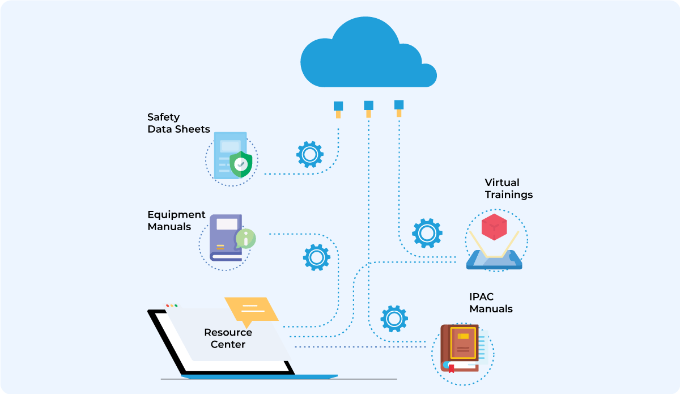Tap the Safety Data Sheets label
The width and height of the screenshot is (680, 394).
[x=178, y=123]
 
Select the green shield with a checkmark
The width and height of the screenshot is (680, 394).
[x=241, y=164]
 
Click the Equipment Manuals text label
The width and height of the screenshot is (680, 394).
[x=176, y=221]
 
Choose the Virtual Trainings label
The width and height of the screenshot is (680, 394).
[x=508, y=188]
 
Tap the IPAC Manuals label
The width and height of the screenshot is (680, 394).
[x=491, y=303]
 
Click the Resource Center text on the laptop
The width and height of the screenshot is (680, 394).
[x=228, y=338]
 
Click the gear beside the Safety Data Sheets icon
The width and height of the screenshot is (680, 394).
[x=310, y=154]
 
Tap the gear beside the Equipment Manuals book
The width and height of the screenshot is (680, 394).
[x=317, y=257]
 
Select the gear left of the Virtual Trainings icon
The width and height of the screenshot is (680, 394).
[x=427, y=233]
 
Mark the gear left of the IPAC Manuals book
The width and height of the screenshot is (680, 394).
[x=394, y=319]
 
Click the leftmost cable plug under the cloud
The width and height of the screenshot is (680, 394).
[x=338, y=108]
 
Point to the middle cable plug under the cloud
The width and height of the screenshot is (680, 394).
[x=368, y=108]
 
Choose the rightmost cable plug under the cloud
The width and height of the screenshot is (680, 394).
[x=399, y=107]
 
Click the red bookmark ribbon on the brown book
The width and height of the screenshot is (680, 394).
[x=452, y=368]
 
